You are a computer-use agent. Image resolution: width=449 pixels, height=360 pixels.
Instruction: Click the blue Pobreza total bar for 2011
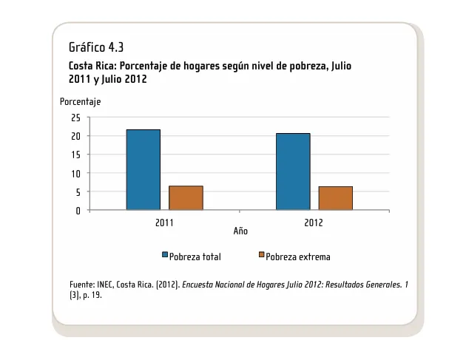pos(143,170)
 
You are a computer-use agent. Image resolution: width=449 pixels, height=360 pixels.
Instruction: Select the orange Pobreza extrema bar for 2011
pos(186,198)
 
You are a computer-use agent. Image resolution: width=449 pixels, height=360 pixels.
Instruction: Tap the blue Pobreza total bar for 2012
pos(293,171)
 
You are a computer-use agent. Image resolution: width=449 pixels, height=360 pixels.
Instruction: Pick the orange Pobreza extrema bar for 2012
pos(335,198)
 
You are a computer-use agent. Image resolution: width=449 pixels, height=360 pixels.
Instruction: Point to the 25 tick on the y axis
pos(75,118)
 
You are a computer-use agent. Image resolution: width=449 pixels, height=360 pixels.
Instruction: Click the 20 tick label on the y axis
pos(75,136)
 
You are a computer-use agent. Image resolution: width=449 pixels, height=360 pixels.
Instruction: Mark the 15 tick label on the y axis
pos(75,154)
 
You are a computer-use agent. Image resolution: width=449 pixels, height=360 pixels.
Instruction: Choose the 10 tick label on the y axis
pos(75,173)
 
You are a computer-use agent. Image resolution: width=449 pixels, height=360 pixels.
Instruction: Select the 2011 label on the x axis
pos(165,221)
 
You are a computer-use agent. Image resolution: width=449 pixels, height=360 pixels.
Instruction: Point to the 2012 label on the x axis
pos(314,221)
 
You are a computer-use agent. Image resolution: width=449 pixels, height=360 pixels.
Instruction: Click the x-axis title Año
pos(240,231)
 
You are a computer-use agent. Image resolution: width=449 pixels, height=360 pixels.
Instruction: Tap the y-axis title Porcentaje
pos(81,102)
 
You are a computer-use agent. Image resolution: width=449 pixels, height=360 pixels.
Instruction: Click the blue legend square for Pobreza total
pos(165,256)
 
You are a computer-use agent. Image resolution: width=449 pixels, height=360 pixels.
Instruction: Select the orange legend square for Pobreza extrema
pos(261,256)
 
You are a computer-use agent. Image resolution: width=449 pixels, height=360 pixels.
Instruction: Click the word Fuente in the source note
pos(81,285)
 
